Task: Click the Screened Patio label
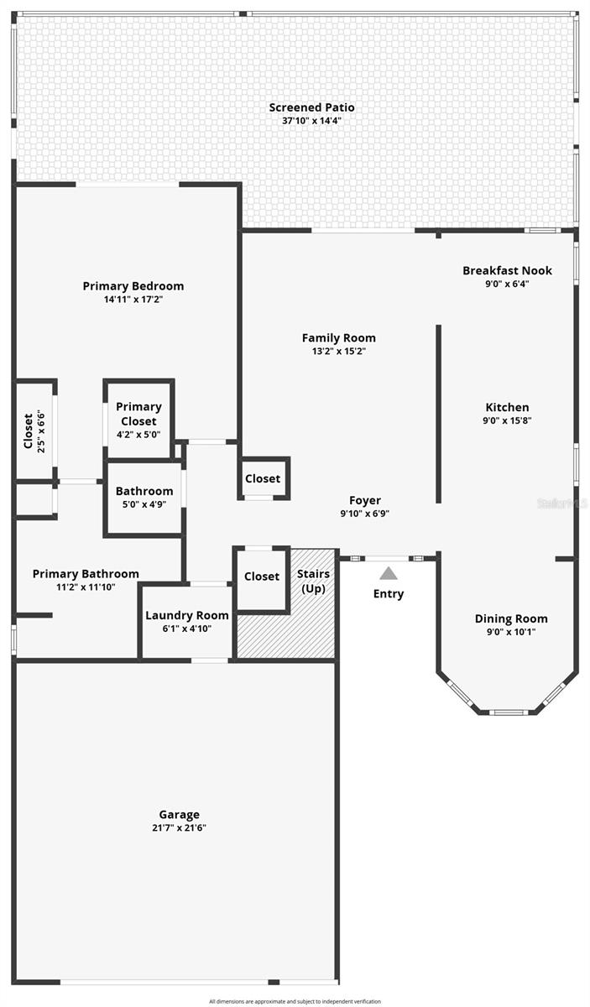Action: point(311,107)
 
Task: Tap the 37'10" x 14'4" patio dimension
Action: point(311,121)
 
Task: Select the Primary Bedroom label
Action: point(133,286)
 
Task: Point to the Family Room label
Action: point(338,338)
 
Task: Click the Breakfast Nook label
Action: point(507,270)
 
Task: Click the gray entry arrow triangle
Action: point(388,574)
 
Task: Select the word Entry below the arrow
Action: point(388,594)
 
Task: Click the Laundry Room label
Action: point(186,615)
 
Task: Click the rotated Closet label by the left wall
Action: point(28,430)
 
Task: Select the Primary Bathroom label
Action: point(86,574)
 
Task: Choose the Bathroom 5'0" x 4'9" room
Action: point(144,498)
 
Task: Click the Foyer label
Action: point(365,500)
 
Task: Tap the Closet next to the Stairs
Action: point(262,577)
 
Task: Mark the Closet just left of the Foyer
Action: point(263,479)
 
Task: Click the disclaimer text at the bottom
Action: point(295,1001)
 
